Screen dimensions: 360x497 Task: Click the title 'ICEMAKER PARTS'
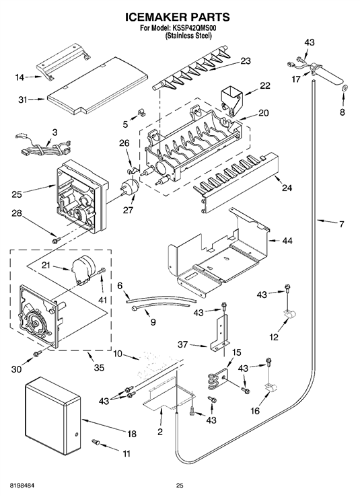tap(178, 17)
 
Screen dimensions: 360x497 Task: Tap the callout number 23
tap(246, 61)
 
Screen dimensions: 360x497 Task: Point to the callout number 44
tap(287, 241)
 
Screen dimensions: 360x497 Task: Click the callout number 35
tap(100, 368)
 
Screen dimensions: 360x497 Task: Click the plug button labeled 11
tap(96, 441)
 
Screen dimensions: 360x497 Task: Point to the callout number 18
tap(131, 434)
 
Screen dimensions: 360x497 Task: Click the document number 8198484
tap(18, 486)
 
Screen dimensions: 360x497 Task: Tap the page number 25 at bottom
tap(180, 486)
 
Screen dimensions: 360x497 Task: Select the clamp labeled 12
tap(289, 314)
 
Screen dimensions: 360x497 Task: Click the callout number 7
tap(341, 225)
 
